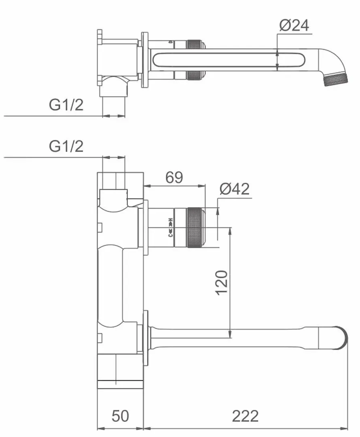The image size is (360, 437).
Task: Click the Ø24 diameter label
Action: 294,25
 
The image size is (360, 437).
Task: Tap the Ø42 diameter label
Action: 235,189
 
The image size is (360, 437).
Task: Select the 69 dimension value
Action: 174,177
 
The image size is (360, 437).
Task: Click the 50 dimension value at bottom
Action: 121,416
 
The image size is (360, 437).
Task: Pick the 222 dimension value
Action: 245,416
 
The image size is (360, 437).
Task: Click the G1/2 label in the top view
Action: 66,105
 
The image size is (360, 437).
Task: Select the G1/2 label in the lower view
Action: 66,146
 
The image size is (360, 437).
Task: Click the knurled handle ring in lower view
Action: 195,227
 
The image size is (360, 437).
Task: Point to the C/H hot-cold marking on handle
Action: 171,227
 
